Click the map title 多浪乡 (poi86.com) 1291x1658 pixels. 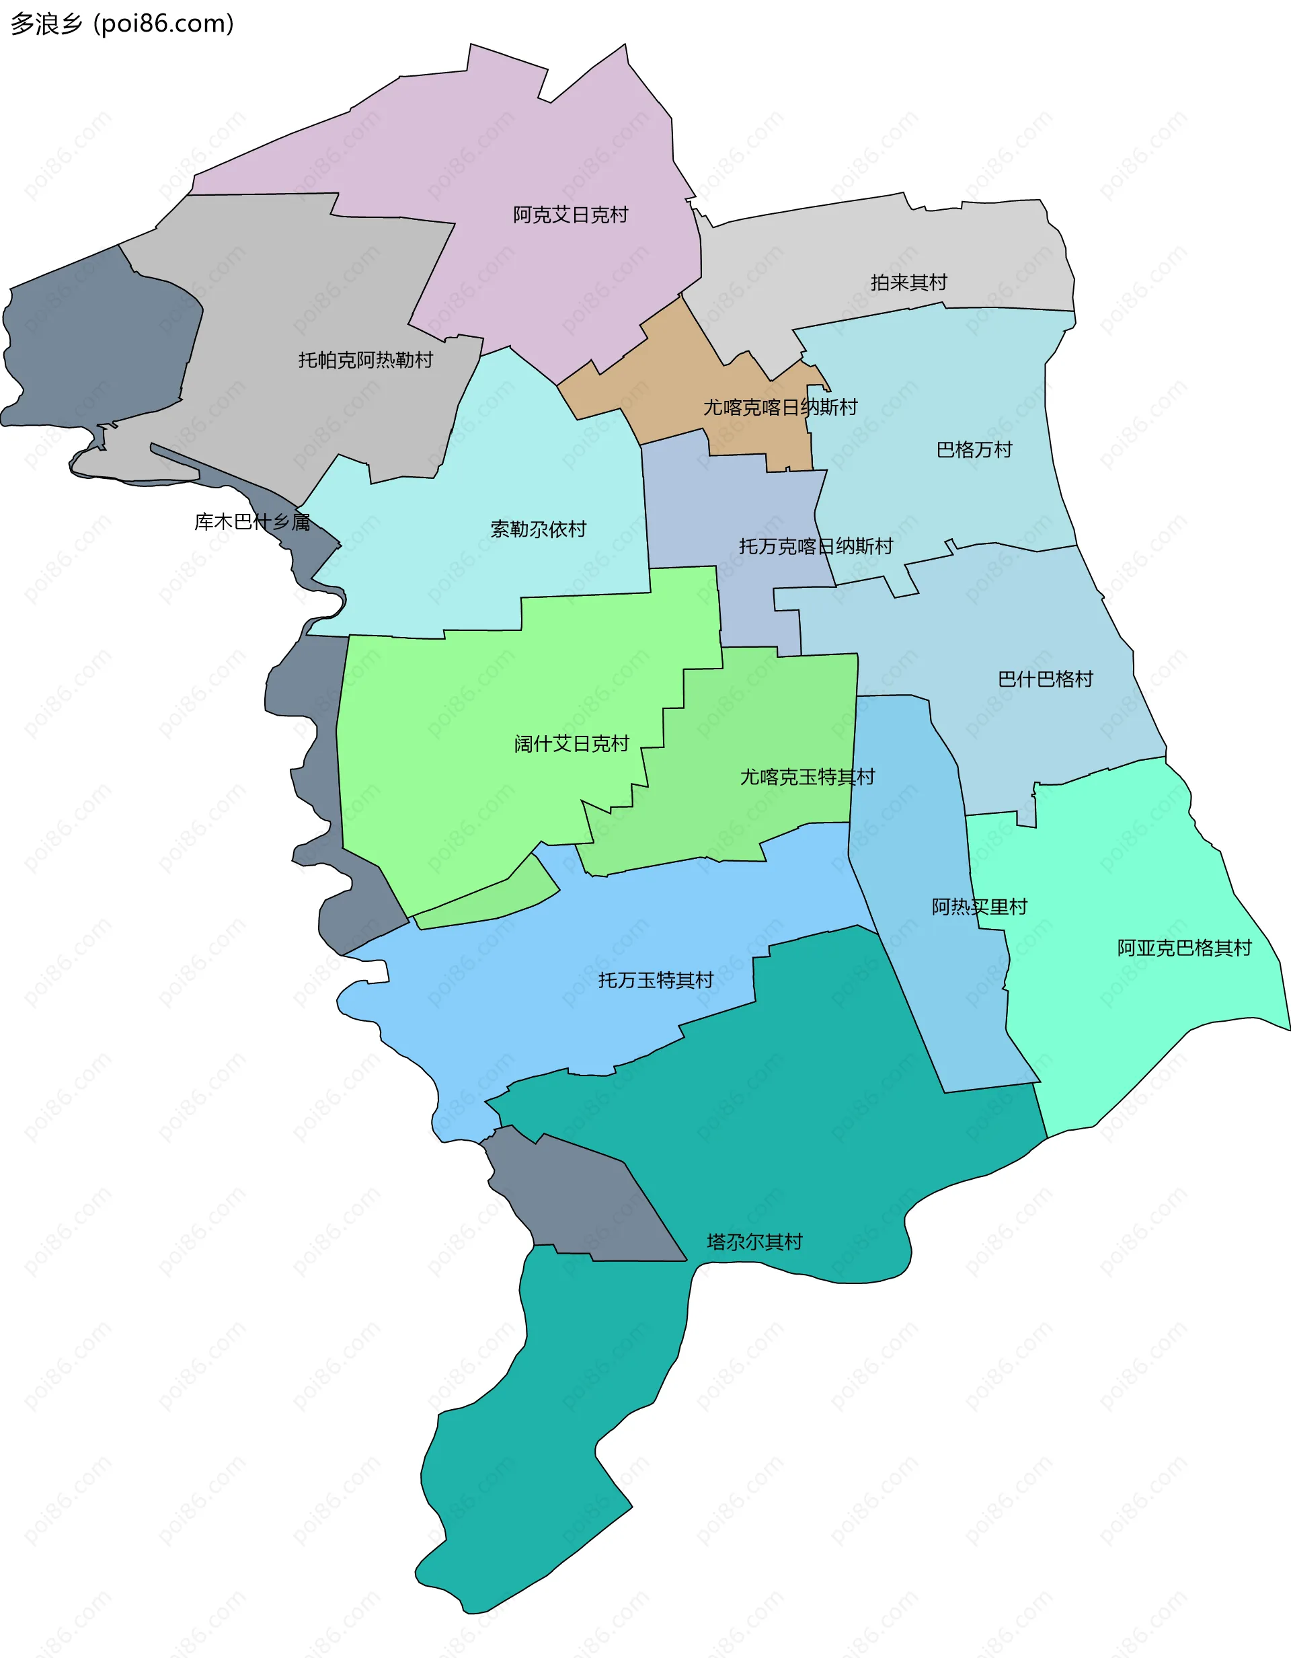tap(122, 24)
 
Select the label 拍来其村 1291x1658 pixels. tap(908, 283)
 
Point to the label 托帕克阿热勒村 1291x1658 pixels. tap(365, 360)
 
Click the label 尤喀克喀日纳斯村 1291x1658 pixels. tap(779, 408)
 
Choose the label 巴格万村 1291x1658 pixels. tap(974, 450)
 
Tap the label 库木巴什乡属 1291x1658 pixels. tap(252, 523)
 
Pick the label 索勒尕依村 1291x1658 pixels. tap(538, 529)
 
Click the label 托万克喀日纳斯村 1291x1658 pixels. tap(815, 547)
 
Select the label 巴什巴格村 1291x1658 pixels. tap(1045, 679)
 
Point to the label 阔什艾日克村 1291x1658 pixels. tap(571, 744)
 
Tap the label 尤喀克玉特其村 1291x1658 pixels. tap(807, 778)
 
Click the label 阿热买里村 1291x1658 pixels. tap(979, 907)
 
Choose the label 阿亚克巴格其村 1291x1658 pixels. tap(1184, 948)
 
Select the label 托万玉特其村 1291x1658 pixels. tap(655, 981)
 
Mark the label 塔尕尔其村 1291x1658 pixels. tap(754, 1242)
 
